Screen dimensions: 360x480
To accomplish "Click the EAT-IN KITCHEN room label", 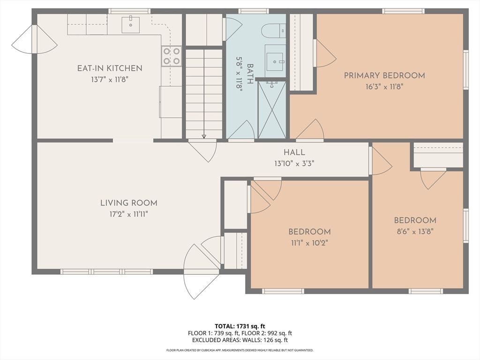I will click(x=109, y=68).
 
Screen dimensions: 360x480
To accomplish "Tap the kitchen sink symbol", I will click(x=130, y=24).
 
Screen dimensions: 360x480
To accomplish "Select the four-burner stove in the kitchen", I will click(x=172, y=56).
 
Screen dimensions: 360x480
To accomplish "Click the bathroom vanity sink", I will click(x=275, y=59).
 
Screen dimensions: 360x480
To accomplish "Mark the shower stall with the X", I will click(x=272, y=110).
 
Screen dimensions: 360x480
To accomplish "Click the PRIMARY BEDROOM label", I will click(x=384, y=75).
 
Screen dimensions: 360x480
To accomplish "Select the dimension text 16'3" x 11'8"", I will click(x=384, y=86).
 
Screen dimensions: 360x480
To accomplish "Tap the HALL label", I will click(x=294, y=152).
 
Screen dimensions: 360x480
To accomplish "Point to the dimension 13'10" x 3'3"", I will click(x=294, y=164).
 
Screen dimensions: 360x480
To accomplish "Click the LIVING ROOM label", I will click(x=128, y=203).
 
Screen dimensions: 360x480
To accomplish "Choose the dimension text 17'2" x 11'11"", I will click(x=128, y=214).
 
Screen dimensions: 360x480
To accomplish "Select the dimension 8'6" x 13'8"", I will click(x=415, y=231).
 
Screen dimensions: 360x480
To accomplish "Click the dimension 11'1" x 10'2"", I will click(x=309, y=243).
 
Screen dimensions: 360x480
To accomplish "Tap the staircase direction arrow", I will click(x=204, y=136).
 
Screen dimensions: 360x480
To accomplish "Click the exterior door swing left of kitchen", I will click(x=34, y=39).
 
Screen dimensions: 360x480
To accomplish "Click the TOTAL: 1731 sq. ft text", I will click(x=240, y=326).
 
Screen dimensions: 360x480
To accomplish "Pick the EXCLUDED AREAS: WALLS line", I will click(x=240, y=340).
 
